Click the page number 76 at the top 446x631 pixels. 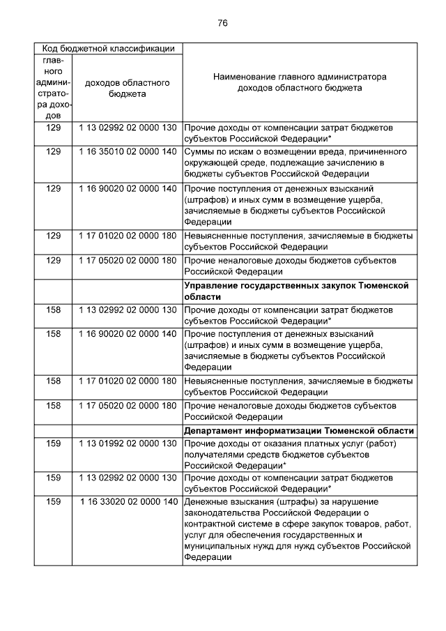tap(222, 23)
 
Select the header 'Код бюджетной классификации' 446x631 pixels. tap(109, 49)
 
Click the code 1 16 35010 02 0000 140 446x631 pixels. tap(128, 151)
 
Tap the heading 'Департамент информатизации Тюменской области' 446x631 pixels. tap(299, 430)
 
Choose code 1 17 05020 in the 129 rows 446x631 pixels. tap(128, 260)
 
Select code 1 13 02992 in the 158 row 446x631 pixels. tap(128, 308)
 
